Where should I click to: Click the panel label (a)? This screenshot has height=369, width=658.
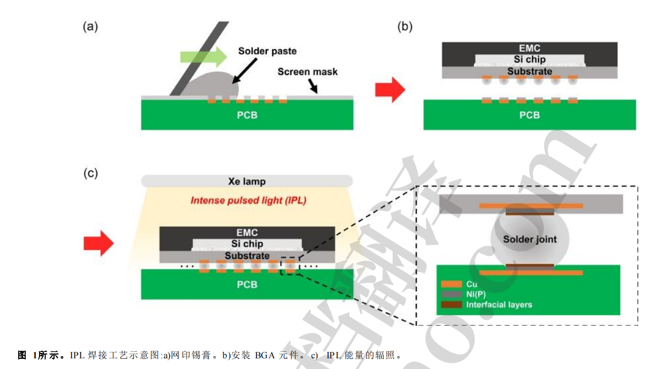[x=90, y=27]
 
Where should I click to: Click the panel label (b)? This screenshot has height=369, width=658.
[x=405, y=27]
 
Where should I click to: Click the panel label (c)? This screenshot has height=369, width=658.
[x=90, y=174]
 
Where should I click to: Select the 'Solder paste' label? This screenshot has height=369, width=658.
[x=267, y=51]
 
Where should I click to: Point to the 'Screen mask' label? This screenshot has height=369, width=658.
[x=307, y=72]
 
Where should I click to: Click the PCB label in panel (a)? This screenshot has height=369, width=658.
[x=246, y=115]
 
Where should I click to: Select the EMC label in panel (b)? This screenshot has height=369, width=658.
[x=529, y=48]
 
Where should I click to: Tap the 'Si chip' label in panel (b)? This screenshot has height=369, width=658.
[x=529, y=59]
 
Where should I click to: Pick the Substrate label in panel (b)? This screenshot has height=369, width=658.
[x=529, y=71]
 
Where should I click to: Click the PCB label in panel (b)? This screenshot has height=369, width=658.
[x=529, y=115]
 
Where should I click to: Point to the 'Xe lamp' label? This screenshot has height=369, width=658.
[x=246, y=182]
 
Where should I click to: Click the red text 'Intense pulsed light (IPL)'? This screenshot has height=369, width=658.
[x=247, y=201]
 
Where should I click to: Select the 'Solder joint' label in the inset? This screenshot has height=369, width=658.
[x=529, y=239]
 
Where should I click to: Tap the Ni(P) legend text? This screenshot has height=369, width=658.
[x=477, y=295]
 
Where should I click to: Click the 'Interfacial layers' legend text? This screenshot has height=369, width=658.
[x=499, y=305]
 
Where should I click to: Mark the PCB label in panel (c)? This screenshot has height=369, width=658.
[x=246, y=285]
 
